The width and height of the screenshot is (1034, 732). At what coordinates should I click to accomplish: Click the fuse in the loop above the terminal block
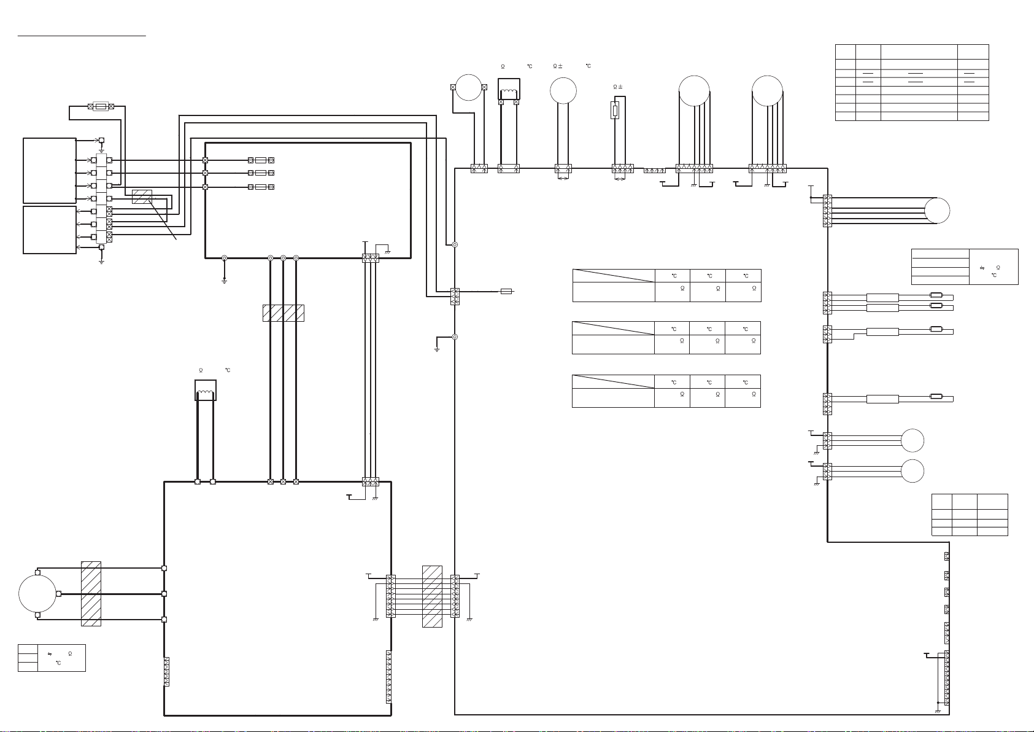coord(101,106)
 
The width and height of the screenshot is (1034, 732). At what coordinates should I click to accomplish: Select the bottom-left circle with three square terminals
coord(37,594)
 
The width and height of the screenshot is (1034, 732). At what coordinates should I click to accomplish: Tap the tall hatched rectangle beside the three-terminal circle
coord(91,594)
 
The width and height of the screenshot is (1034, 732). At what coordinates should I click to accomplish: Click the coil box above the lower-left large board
coord(206,390)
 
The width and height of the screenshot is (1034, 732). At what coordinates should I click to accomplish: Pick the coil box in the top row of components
coord(509,88)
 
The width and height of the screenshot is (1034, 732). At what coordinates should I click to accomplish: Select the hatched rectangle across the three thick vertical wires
coord(284,313)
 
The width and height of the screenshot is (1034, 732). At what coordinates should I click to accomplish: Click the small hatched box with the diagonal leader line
coord(142,197)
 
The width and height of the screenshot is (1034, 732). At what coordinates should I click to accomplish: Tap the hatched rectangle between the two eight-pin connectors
coord(432,597)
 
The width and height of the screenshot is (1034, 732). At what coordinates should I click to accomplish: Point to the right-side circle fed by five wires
coord(937,211)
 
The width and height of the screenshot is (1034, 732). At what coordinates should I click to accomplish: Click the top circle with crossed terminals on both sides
coord(469,87)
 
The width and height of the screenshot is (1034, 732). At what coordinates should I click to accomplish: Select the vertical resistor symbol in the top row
coord(615,111)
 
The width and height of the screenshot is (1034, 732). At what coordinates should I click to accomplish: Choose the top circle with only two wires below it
coord(563,90)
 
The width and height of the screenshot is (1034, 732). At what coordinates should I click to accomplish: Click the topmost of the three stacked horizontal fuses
coord(261,160)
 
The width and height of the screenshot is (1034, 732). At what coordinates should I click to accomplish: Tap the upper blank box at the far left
coord(50,171)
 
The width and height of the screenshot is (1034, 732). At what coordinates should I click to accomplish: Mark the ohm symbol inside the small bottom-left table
coord(70,654)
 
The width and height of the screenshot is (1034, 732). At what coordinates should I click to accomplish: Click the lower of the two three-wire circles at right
coord(912,471)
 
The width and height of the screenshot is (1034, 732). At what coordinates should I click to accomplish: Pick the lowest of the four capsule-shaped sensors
coord(936,396)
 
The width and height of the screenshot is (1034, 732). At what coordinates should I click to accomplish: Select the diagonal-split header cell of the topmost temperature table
coord(614,276)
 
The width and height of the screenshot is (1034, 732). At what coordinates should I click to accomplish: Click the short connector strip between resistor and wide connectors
coord(655,171)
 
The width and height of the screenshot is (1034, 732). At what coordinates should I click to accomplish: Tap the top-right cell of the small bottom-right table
coord(992,502)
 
